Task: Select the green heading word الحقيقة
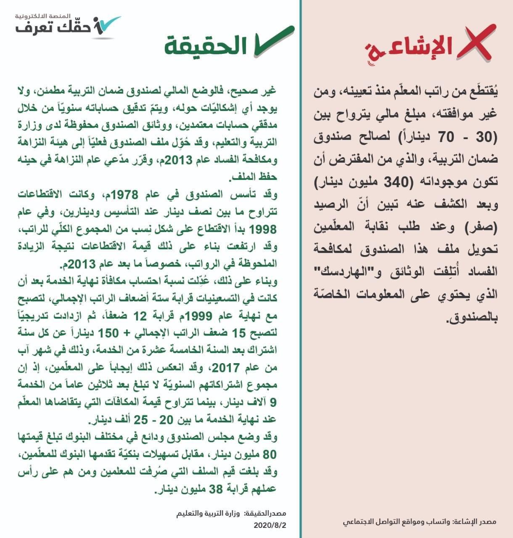point(206,46)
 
